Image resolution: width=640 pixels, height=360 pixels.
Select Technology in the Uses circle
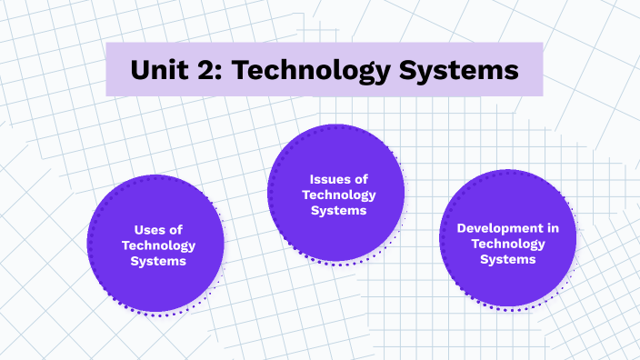pos(158,245)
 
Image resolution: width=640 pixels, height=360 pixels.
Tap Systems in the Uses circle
pos(158,261)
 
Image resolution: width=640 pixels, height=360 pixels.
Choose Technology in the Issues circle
pos(338,195)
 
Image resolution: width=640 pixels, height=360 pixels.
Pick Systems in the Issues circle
pos(338,210)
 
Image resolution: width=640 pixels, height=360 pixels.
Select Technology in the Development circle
pos(507,244)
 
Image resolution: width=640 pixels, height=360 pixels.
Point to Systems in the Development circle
pos(507,259)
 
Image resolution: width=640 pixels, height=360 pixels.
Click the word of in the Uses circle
pos(175,230)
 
